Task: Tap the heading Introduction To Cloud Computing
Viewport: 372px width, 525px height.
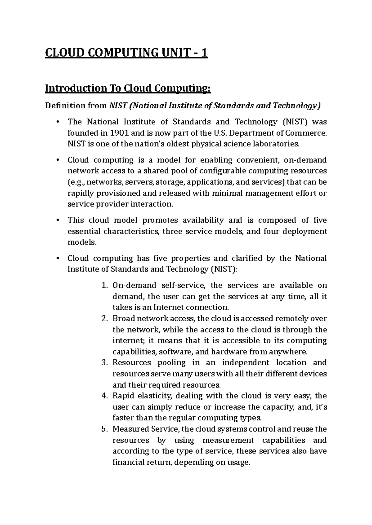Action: point(128,89)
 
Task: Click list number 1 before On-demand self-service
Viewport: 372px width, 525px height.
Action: point(104,285)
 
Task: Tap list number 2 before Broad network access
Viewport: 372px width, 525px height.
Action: point(104,318)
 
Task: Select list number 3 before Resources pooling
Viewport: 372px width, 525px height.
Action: point(104,362)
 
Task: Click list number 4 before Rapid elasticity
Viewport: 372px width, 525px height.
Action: point(104,396)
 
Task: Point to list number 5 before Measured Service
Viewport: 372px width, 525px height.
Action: point(104,429)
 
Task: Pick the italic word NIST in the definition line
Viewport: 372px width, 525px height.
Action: point(118,106)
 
